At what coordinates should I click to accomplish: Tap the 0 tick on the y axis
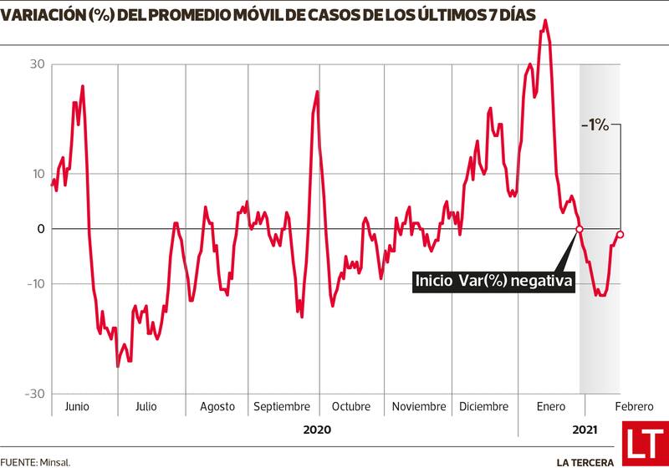point(38,229)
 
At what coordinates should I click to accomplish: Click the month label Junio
point(76,406)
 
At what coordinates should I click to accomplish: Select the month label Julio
point(146,406)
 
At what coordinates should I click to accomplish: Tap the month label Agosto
point(217,406)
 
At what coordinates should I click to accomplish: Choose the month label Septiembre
point(282,406)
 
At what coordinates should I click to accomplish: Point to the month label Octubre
point(350,406)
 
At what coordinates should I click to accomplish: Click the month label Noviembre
point(418,406)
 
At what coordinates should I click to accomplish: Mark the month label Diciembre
point(483,406)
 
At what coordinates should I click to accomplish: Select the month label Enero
point(549,406)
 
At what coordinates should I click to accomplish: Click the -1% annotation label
point(595,125)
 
